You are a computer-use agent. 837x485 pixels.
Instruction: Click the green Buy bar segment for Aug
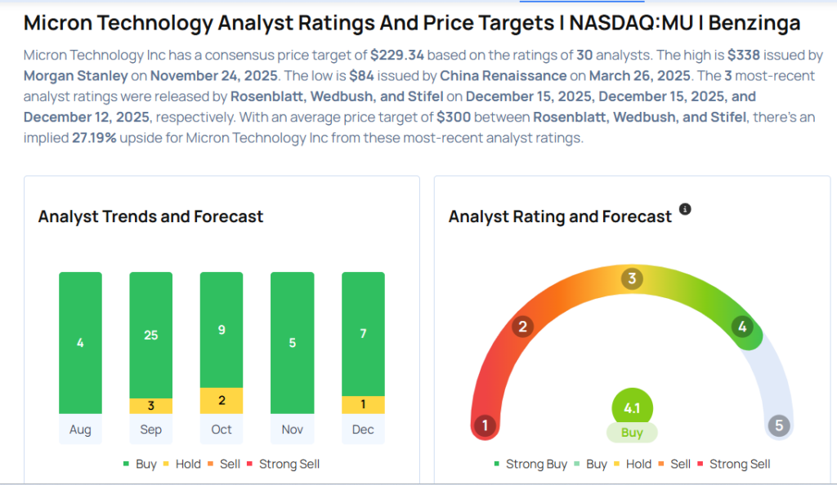(80, 343)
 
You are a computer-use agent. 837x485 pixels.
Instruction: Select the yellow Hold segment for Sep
(150, 406)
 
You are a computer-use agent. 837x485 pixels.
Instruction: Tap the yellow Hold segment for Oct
(222, 400)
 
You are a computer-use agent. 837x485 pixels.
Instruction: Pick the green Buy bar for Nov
(292, 343)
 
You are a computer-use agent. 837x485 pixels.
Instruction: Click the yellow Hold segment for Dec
(363, 405)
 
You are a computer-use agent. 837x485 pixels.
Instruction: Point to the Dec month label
(363, 429)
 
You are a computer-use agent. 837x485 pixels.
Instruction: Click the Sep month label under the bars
(150, 429)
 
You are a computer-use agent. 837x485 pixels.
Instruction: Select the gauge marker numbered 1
(485, 425)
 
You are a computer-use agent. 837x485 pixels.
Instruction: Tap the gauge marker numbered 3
(631, 279)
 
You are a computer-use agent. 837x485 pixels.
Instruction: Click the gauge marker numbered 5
(779, 425)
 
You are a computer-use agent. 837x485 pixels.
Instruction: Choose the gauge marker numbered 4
(742, 327)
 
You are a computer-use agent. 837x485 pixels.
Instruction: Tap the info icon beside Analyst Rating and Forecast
(685, 210)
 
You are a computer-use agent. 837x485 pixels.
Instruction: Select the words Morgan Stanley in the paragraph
(76, 76)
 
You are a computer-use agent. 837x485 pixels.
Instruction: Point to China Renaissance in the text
(503, 76)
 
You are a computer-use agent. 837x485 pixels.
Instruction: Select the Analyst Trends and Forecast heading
(150, 216)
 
